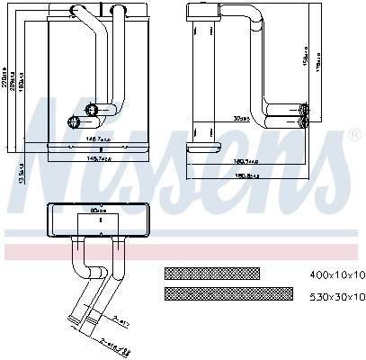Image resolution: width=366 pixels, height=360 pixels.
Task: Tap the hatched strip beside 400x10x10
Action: (x=211, y=274)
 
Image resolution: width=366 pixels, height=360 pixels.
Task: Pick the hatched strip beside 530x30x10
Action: (x=228, y=294)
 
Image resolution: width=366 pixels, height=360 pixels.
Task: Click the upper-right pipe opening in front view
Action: (x=93, y=110)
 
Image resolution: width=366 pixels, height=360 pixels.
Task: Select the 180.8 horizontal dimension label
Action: (x=247, y=176)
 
